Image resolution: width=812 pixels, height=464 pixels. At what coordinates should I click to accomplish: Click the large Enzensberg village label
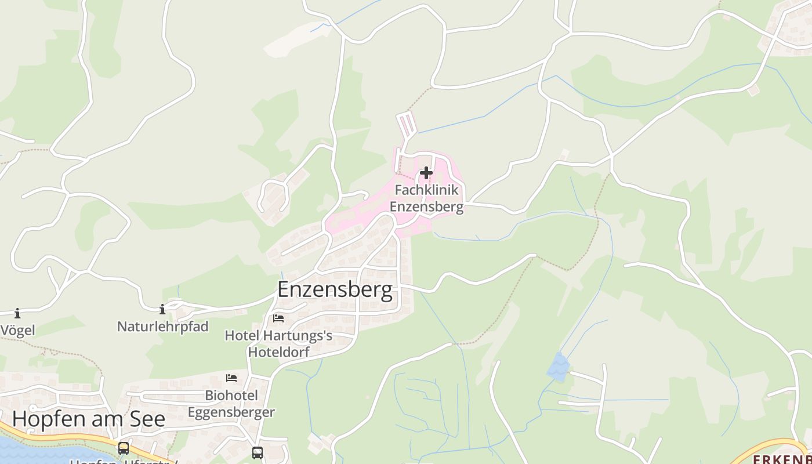335,289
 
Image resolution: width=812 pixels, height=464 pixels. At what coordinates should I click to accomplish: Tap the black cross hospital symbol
426,173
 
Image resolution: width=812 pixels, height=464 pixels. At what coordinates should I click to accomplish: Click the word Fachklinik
426,190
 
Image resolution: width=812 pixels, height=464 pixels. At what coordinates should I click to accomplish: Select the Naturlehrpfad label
162,327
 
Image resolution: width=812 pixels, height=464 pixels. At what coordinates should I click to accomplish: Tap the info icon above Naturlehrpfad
162,309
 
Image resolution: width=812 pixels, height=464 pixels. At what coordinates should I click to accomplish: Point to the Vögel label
17,331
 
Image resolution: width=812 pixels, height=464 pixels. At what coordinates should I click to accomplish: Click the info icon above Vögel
17,314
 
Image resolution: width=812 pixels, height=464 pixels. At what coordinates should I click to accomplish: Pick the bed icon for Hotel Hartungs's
278,318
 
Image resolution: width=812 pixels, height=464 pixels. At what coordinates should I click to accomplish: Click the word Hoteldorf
278,352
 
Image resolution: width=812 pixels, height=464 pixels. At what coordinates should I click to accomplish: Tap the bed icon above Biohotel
231,378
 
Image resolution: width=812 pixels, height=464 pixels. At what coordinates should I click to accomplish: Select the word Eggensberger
231,412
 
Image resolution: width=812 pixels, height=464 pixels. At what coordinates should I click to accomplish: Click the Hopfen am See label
89,419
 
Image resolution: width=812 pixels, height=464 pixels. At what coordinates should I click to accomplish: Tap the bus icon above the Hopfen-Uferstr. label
124,448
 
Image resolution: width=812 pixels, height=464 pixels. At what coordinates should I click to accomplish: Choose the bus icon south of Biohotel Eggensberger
258,452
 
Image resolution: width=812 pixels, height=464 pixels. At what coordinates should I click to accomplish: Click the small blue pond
559,367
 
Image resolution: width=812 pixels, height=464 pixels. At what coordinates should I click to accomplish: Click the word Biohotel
231,396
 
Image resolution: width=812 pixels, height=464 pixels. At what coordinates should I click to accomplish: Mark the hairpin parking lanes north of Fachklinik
407,123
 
